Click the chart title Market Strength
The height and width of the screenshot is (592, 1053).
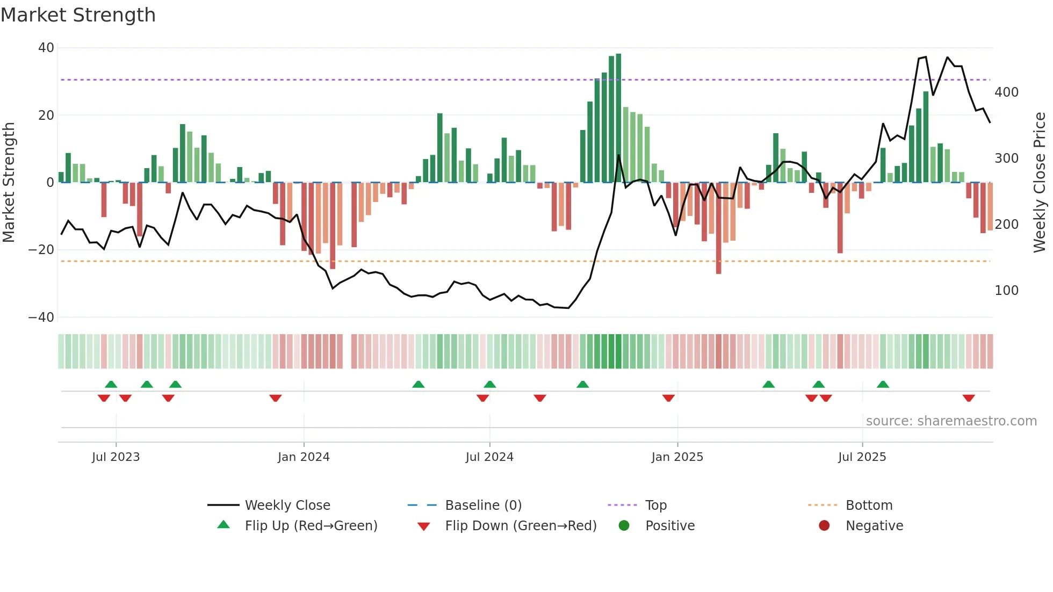[x=78, y=15]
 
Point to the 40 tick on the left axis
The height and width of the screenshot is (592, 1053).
[x=46, y=48]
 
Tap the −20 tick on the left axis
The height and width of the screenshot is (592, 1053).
[x=41, y=250]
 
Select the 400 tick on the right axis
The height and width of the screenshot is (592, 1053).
[x=1006, y=92]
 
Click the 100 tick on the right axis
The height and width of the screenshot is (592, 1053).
[x=1006, y=291]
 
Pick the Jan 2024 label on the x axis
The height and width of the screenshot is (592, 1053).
[x=304, y=457]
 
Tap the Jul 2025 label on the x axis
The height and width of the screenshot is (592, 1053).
[x=862, y=457]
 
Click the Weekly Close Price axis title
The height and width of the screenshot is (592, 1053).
[x=1040, y=183]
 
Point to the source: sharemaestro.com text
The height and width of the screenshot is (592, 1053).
[x=951, y=421]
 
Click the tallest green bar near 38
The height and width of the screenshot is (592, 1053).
[x=618, y=118]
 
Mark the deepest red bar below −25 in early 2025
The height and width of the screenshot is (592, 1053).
[x=718, y=228]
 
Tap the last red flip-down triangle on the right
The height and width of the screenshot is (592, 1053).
[x=969, y=398]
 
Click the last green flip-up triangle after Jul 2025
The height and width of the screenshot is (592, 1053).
[x=883, y=384]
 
